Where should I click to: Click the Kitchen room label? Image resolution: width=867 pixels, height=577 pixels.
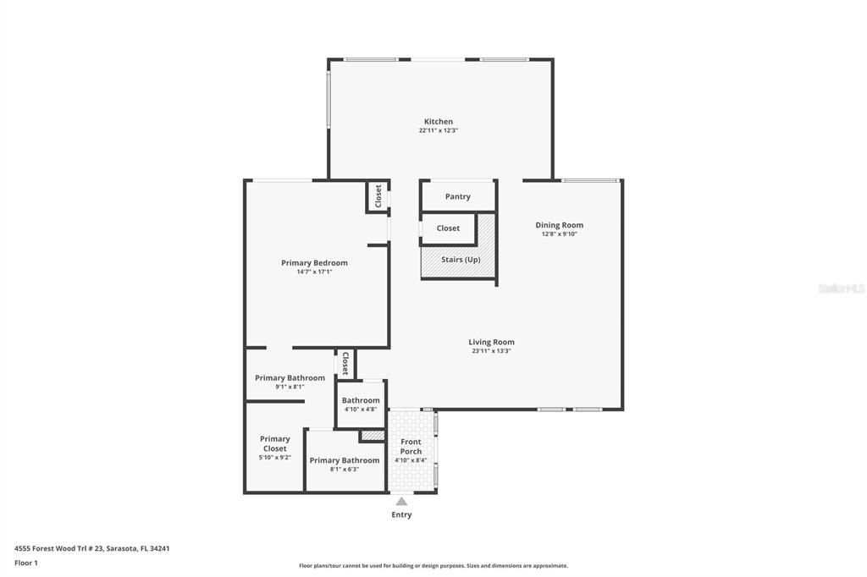[x=438, y=122]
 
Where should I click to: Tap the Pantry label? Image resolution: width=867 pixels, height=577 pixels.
[x=457, y=196]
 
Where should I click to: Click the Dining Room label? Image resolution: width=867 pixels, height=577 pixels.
[x=559, y=225]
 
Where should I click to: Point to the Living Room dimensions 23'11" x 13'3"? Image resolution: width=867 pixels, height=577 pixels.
[x=491, y=351]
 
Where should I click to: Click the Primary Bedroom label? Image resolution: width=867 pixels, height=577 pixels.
[x=314, y=263]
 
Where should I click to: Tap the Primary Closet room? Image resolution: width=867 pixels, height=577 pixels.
[x=274, y=447]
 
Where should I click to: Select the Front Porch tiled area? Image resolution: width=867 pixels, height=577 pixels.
[x=411, y=450]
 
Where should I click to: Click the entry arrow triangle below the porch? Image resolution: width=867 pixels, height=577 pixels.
[x=401, y=502]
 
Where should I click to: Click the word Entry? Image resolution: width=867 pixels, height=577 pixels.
[x=401, y=514]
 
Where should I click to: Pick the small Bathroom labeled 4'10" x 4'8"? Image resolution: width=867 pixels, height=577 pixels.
[x=361, y=404]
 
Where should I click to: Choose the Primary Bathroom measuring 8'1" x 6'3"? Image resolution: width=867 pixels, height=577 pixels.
[x=344, y=464]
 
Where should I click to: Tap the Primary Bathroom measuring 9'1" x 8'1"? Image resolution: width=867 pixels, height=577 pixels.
[x=290, y=381]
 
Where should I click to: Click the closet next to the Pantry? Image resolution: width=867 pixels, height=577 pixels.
[x=448, y=228]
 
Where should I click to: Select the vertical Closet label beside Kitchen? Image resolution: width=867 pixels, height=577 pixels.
[x=378, y=195]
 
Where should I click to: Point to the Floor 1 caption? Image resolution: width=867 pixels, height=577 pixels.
[x=26, y=563]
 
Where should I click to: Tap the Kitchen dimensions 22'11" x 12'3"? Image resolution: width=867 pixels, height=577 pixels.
[x=438, y=131]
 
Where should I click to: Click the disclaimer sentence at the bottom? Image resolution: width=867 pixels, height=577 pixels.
[x=433, y=566]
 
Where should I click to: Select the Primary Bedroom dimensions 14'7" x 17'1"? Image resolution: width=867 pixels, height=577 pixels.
[x=314, y=272]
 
